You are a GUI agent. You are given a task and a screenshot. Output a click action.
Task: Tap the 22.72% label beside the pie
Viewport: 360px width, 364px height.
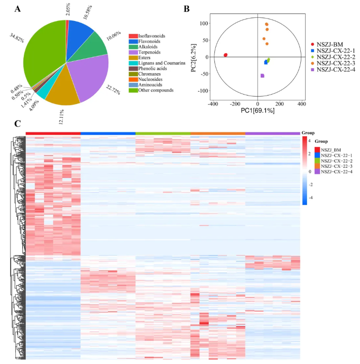113,90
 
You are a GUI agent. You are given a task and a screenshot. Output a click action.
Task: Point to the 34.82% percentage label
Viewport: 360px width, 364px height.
17,38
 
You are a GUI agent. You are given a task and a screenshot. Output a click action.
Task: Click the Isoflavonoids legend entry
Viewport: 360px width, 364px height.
147,36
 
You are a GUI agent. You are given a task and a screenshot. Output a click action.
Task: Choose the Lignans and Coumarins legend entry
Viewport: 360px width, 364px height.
157,63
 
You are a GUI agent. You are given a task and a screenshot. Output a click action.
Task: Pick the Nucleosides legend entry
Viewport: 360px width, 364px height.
146,79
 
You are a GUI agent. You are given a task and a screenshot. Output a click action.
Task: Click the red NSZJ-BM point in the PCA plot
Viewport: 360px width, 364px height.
225,55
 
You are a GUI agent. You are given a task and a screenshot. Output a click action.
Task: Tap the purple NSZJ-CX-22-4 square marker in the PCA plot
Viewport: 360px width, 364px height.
262,75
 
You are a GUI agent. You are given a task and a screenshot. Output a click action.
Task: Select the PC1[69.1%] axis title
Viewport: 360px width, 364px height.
257,110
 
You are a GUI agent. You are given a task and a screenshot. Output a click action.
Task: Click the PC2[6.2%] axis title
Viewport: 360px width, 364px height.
194,58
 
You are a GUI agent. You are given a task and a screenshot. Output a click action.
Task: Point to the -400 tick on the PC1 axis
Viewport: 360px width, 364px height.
213,104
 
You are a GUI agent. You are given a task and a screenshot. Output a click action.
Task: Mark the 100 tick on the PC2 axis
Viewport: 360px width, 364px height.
204,23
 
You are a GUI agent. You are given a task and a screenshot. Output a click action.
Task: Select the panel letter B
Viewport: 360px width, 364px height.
187,9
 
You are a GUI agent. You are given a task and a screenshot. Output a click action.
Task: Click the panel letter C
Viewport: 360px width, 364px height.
18,124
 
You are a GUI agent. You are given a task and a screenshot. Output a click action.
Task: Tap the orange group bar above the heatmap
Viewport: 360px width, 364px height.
218,133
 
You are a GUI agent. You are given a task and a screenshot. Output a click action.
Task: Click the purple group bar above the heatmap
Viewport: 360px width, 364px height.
273,133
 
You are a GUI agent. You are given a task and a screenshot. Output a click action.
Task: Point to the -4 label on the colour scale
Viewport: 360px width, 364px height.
311,198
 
